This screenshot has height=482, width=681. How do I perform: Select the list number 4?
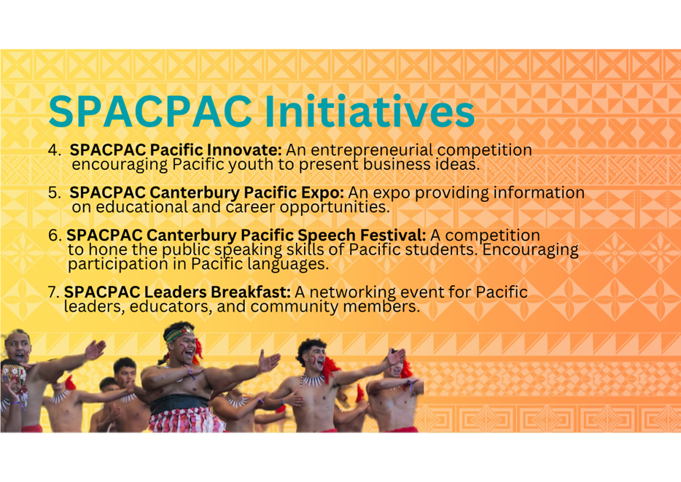54,149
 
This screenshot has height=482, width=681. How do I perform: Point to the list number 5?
54,193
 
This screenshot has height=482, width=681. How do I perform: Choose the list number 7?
53,292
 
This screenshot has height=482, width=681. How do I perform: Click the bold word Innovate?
244,149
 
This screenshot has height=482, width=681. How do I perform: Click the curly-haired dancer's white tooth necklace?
312,381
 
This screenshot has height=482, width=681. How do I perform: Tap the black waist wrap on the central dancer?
179,404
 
